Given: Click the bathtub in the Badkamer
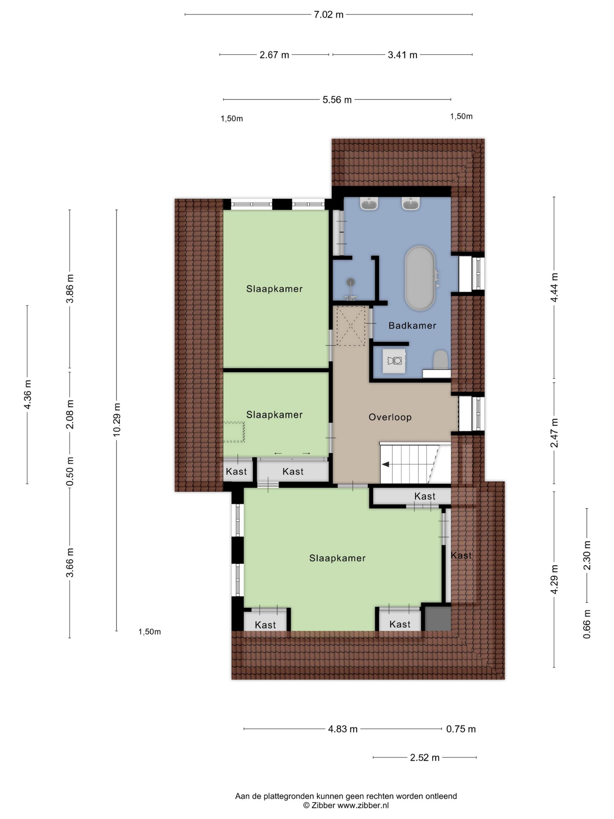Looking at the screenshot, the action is pyautogui.click(x=419, y=278).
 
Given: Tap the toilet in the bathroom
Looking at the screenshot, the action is pyautogui.click(x=440, y=360).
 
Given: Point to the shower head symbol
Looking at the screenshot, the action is pyautogui.click(x=350, y=282).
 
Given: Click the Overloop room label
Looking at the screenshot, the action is pyautogui.click(x=390, y=417).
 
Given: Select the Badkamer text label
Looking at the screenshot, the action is pyautogui.click(x=412, y=325).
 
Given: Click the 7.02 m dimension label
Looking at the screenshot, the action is pyautogui.click(x=329, y=15).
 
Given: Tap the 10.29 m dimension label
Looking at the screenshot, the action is pyautogui.click(x=117, y=419).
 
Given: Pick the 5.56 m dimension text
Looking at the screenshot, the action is pyautogui.click(x=337, y=99).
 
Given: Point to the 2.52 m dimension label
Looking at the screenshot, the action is pyautogui.click(x=424, y=758).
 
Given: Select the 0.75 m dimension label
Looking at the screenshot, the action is pyautogui.click(x=461, y=729).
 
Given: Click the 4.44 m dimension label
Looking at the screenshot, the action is pyautogui.click(x=555, y=288).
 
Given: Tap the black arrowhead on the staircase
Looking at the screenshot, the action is pyautogui.click(x=386, y=464).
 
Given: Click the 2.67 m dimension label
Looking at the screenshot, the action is pyautogui.click(x=274, y=55).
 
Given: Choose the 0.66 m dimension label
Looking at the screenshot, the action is pyautogui.click(x=587, y=624).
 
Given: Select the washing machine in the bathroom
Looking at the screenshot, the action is pyautogui.click(x=394, y=360).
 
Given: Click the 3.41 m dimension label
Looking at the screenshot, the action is pyautogui.click(x=402, y=55).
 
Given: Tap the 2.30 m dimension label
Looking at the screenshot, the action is pyautogui.click(x=587, y=556).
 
